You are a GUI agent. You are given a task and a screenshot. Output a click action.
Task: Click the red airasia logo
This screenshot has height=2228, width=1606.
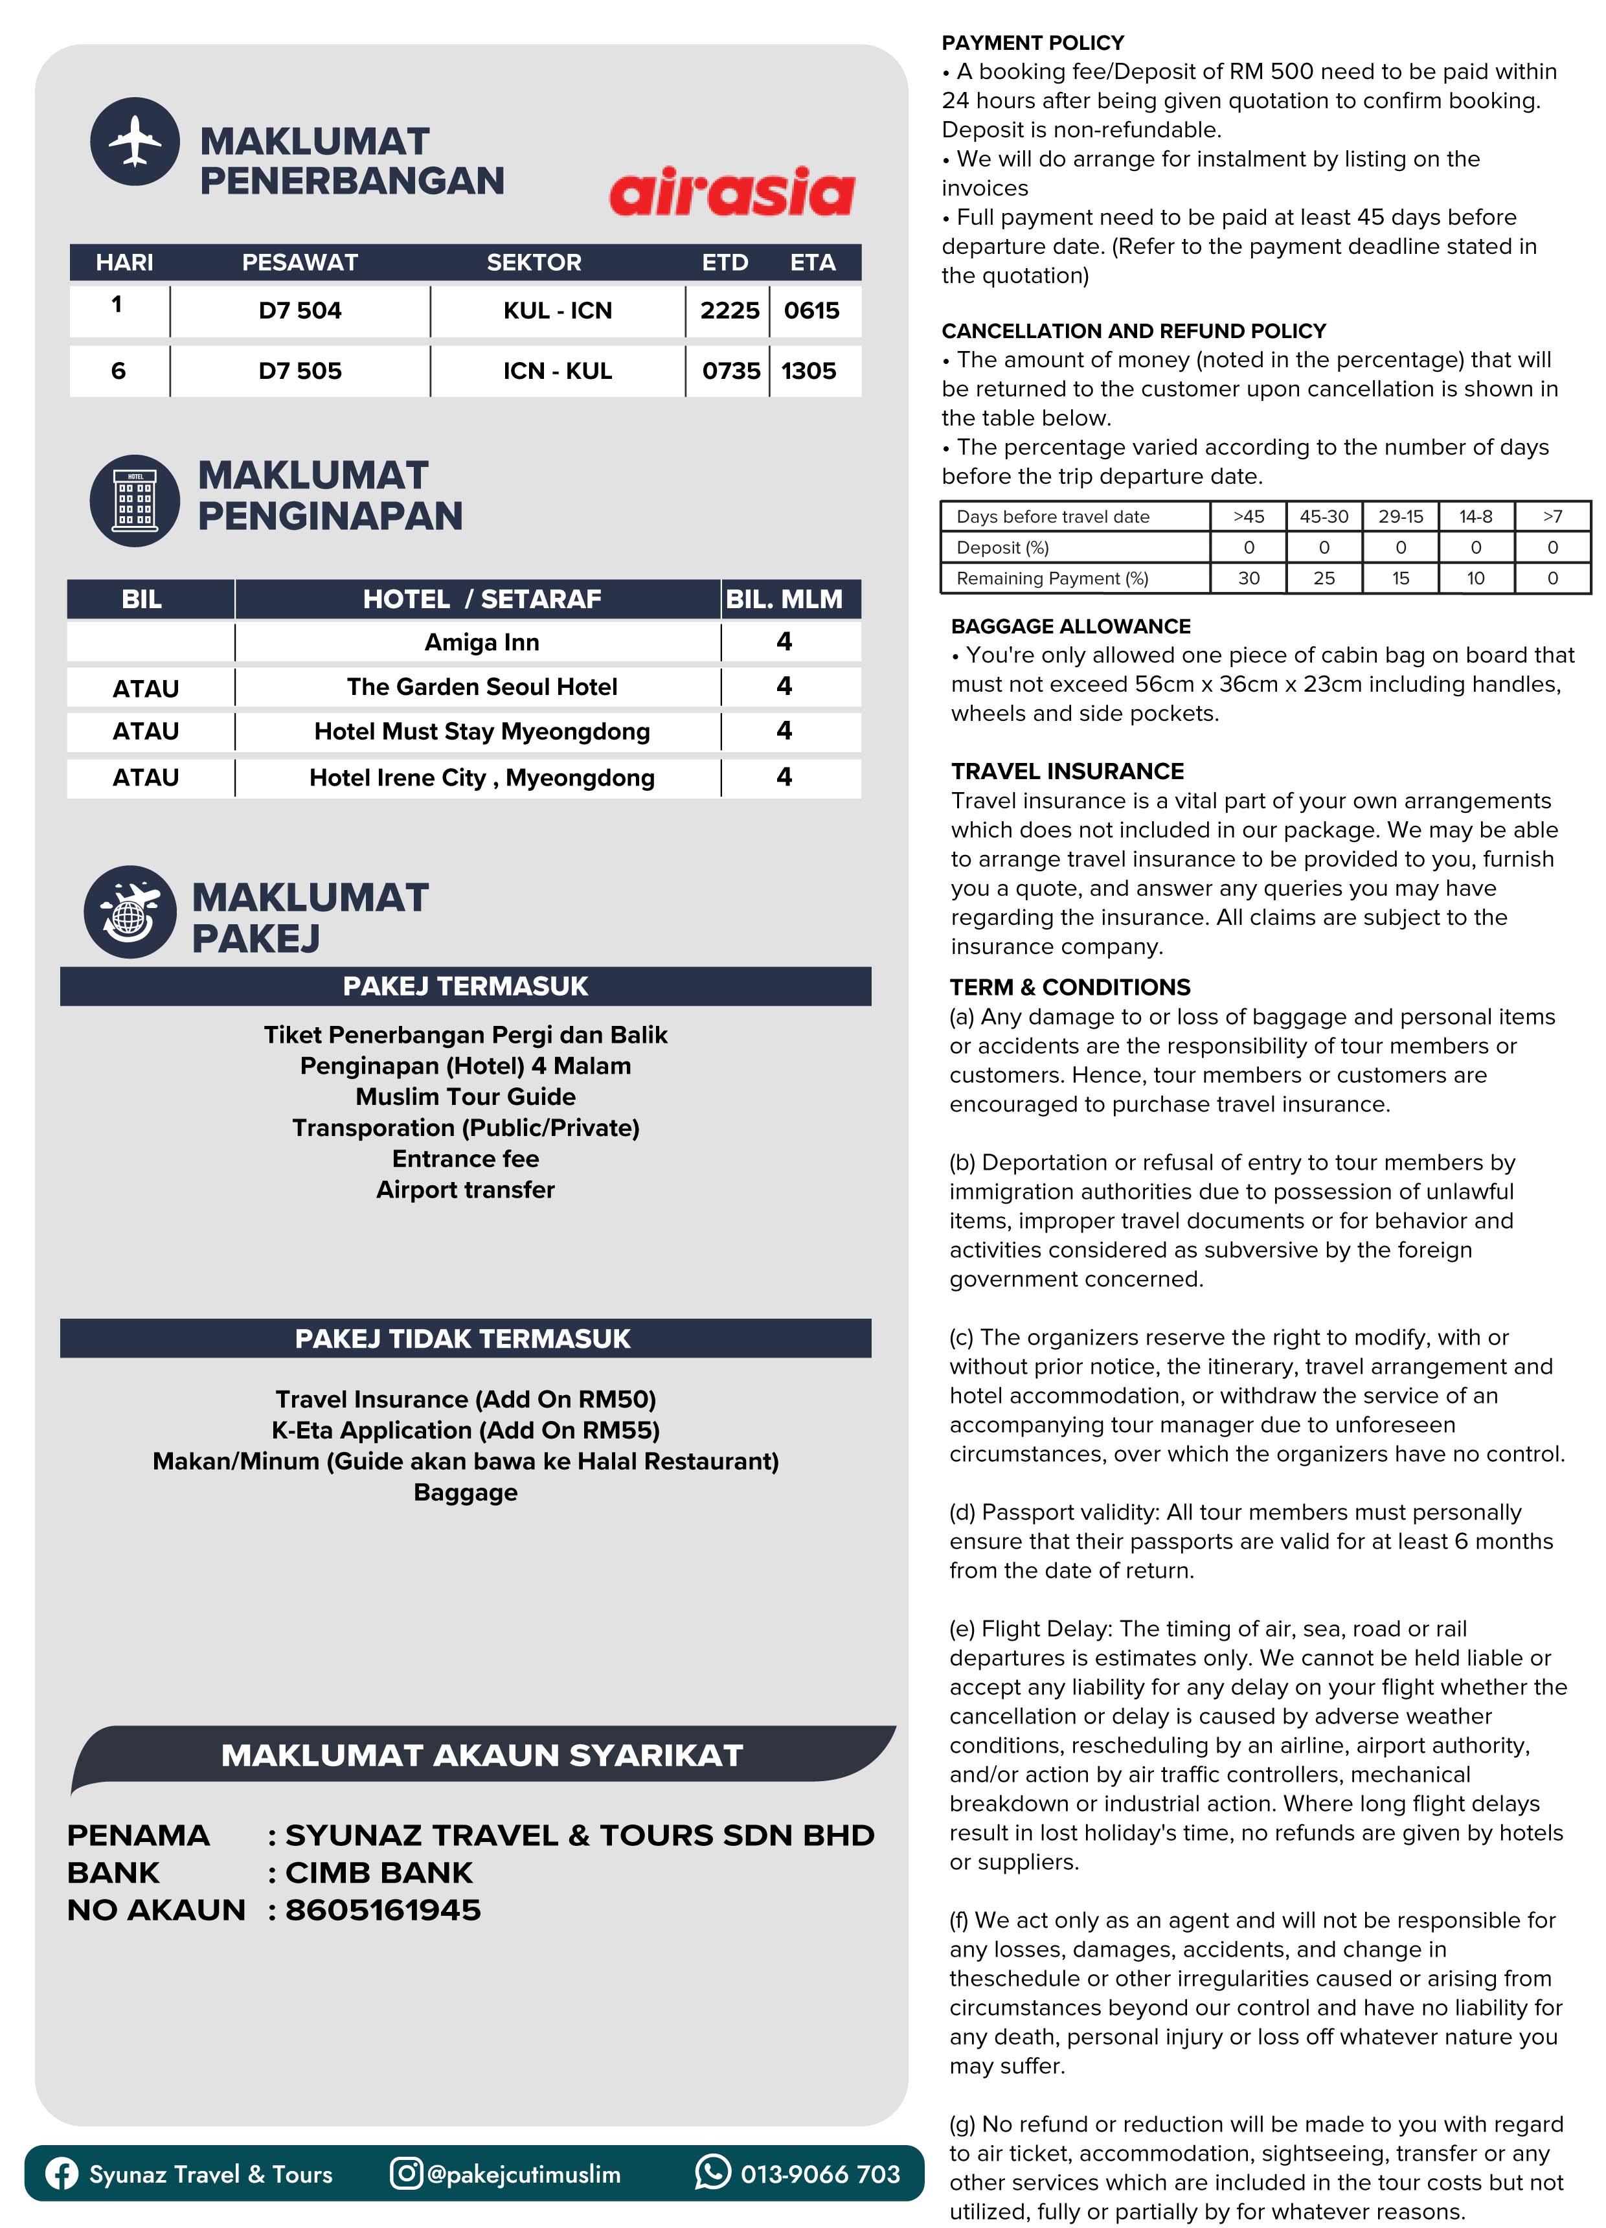[732, 192]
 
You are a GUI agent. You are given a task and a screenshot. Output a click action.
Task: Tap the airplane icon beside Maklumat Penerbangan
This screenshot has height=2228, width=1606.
[135, 142]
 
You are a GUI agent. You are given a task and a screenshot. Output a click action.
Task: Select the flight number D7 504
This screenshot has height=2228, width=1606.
[300, 310]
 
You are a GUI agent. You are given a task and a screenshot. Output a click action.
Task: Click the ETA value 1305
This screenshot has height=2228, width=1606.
[808, 370]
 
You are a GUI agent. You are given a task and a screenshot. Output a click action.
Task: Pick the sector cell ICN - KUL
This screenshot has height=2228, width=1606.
[557, 370]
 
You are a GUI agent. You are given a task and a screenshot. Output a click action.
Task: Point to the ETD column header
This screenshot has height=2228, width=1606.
[725, 262]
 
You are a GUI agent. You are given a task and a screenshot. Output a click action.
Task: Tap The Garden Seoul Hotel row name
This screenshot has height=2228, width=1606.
[481, 687]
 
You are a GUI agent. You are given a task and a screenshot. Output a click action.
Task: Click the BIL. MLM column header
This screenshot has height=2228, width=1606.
[784, 599]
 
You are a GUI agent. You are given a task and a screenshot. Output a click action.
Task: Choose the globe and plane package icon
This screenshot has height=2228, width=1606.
[130, 912]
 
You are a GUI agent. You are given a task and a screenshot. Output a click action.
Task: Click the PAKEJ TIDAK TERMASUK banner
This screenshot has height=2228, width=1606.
[464, 1338]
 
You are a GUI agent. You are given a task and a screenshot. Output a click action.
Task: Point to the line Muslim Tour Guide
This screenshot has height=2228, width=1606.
[464, 1097]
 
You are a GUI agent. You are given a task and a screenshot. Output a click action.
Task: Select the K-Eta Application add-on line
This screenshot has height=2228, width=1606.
[464, 1430]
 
